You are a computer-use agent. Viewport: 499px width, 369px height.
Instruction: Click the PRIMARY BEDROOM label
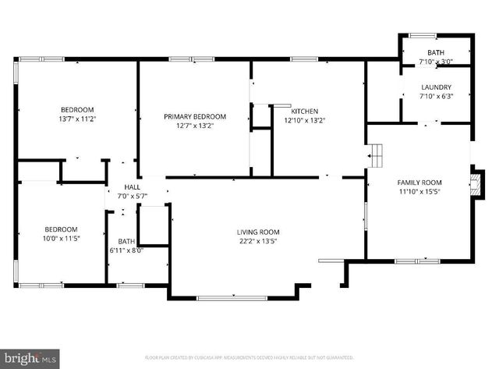194,116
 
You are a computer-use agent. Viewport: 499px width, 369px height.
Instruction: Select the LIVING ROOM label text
258,232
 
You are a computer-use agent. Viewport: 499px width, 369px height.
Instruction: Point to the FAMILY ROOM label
419,181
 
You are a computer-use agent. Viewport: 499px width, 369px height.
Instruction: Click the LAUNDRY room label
437,87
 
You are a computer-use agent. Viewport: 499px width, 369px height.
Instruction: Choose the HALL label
132,188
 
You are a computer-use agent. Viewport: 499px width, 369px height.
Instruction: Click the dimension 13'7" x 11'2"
77,119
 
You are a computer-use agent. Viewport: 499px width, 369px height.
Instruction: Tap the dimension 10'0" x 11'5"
60,239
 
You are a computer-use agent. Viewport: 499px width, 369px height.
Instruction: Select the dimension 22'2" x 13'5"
258,242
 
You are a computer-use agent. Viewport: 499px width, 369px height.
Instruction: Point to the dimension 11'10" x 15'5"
419,191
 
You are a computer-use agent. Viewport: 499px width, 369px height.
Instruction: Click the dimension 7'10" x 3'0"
436,62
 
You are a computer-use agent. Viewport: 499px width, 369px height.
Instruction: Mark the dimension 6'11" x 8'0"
126,251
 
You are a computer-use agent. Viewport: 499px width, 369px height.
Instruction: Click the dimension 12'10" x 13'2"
303,120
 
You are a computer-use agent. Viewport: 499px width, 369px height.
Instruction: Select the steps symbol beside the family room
377,155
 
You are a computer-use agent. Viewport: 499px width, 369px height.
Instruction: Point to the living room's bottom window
231,298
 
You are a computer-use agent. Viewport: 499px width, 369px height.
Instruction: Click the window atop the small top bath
423,34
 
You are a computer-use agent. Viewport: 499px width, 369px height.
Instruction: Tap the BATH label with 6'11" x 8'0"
126,241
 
